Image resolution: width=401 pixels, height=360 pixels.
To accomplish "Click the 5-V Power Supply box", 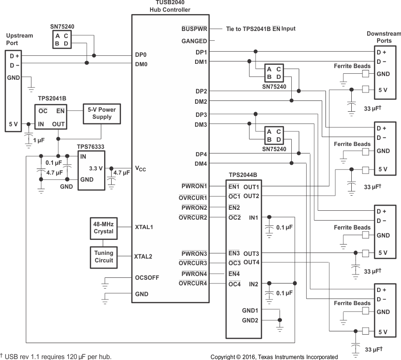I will tap(102, 114).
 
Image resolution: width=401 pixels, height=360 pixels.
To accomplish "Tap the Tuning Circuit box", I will tap(104, 257).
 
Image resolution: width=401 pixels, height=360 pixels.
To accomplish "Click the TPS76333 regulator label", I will tap(91, 146).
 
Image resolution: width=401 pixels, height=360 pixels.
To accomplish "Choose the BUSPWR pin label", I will tap(194, 29).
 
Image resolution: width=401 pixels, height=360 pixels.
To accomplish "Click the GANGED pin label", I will tap(194, 41).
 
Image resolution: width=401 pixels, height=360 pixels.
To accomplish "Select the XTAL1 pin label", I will tap(144, 227).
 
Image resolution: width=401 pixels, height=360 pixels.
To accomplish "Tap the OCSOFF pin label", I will tap(147, 277).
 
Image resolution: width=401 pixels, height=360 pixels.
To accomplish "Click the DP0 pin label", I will tap(141, 55).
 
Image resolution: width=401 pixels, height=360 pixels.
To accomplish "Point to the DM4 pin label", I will tap(201, 163).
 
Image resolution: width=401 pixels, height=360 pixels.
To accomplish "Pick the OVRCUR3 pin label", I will tap(193, 263).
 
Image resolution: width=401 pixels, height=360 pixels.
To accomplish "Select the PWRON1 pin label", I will tap(194, 187).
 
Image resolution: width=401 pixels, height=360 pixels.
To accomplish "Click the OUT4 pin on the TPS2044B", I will tap(251, 262).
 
